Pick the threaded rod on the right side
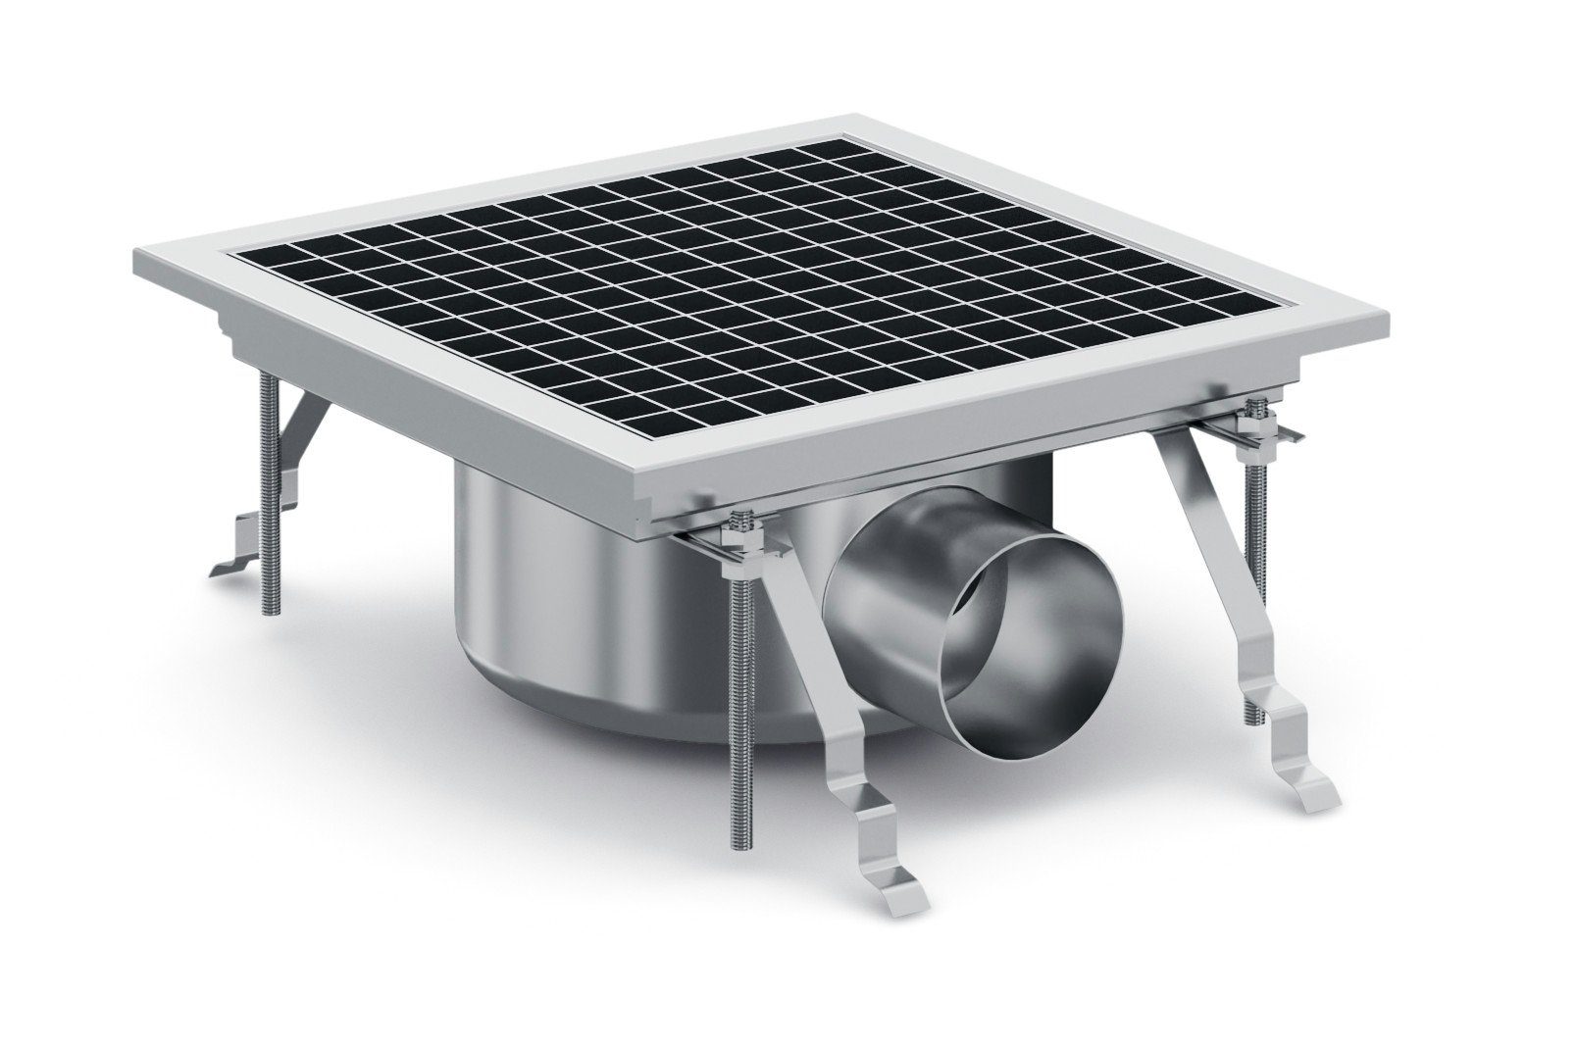pyautogui.click(x=1256, y=549)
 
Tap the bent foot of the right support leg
pyautogui.click(x=1304, y=774)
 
